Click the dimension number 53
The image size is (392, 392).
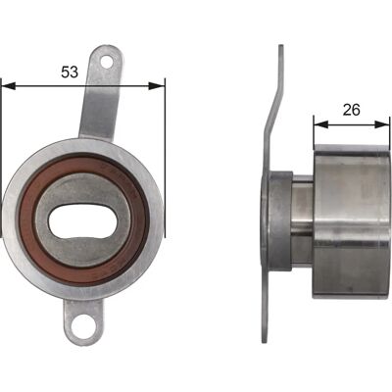coord(70,72)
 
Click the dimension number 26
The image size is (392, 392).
coord(351,110)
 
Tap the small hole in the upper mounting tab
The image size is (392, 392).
coord(107,61)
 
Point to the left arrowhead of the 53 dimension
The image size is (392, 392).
coord(9,86)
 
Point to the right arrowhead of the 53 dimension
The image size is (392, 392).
coord(156,86)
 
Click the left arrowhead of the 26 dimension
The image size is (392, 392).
coord(320,124)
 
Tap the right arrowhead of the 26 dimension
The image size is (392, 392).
coord(382,124)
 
